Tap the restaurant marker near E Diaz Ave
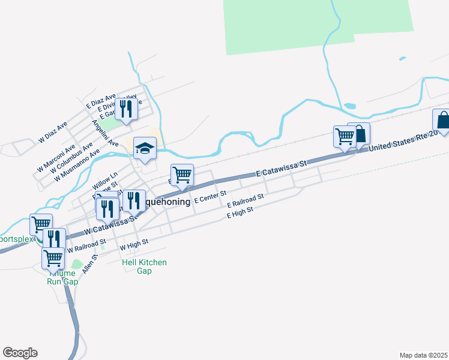125,109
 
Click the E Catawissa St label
281,168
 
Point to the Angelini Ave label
105,133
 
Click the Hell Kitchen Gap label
144,266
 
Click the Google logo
20,353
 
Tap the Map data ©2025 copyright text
424,355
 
